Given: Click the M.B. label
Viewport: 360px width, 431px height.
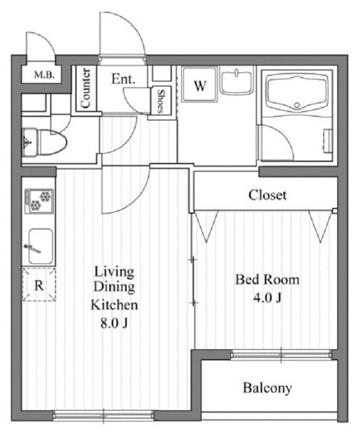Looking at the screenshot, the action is (44, 75).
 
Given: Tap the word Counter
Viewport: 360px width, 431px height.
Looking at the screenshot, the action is (86, 88).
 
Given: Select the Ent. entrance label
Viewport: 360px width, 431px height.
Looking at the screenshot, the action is (123, 79).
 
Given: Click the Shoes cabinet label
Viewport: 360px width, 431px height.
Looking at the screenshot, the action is (161, 101).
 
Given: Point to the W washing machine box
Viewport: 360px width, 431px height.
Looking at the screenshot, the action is (200, 84).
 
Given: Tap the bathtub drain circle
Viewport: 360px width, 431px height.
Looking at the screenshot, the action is (297, 105).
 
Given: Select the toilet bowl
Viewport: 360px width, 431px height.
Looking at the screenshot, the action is (53, 142).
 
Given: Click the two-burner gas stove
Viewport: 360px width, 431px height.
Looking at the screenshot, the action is (39, 201).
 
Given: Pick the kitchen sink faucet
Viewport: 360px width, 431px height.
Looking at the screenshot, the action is (33, 248).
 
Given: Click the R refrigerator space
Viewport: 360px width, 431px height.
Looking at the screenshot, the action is (39, 284).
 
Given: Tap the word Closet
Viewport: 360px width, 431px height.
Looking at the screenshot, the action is (267, 195).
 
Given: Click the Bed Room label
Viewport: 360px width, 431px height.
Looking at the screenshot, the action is (267, 280).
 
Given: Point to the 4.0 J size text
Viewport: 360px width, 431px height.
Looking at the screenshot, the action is (267, 297).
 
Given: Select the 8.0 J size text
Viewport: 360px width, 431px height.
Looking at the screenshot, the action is (114, 324).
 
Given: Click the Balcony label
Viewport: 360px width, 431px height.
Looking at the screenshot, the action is (267, 388).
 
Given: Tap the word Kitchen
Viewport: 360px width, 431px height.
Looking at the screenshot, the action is (114, 305).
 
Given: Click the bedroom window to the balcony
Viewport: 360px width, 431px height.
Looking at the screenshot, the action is (281, 354).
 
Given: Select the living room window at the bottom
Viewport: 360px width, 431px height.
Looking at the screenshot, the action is (103, 415).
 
